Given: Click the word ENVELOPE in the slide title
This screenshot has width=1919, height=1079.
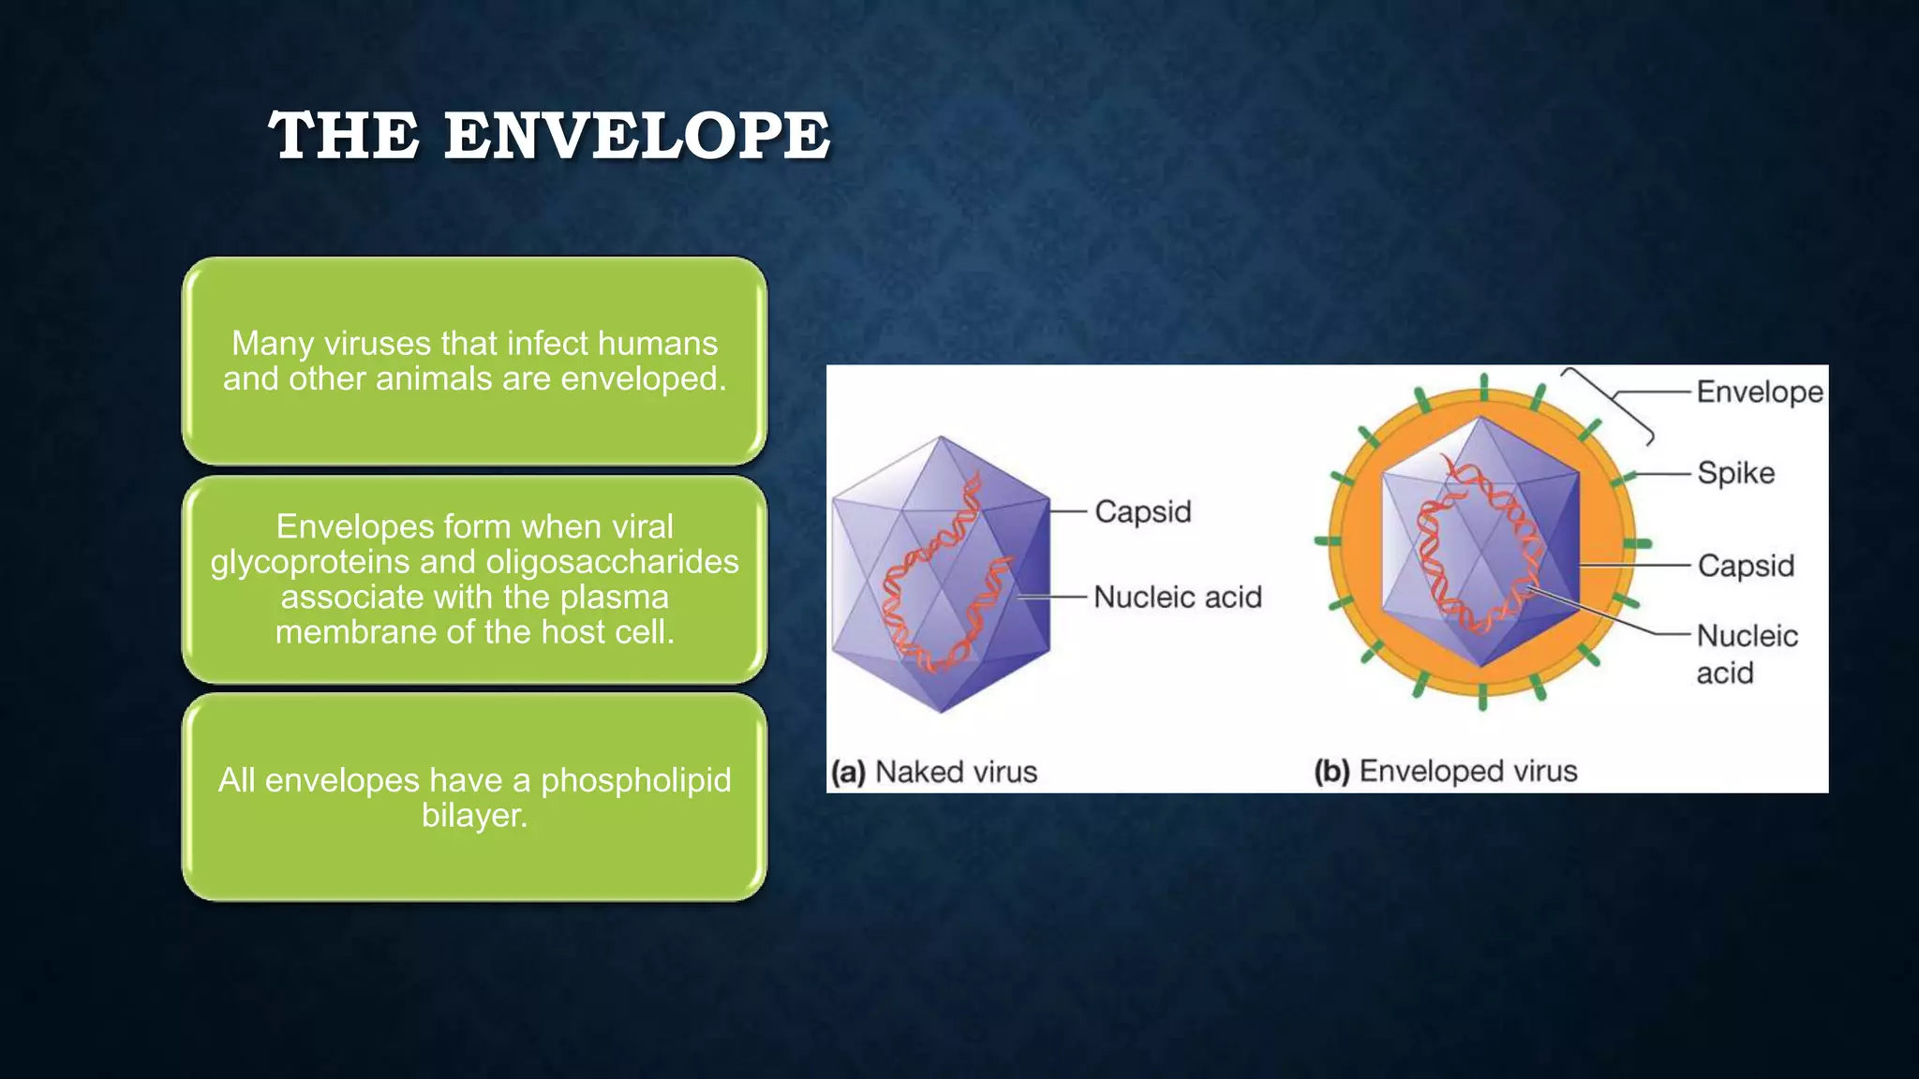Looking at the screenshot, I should pyautogui.click(x=636, y=136).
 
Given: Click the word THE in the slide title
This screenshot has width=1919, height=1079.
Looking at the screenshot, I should pyautogui.click(x=344, y=136).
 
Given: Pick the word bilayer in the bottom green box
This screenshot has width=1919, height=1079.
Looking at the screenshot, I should pyautogui.click(x=473, y=815).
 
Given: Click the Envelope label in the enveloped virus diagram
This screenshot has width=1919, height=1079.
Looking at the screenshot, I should pyautogui.click(x=1759, y=392).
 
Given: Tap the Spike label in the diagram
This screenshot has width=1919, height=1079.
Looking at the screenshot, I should pyautogui.click(x=1735, y=473).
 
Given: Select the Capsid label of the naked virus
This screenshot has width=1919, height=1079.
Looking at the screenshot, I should pyautogui.click(x=1142, y=511).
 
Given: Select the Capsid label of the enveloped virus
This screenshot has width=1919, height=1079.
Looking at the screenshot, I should pyautogui.click(x=1746, y=566).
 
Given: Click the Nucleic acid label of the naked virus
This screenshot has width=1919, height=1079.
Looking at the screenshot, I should pyautogui.click(x=1177, y=597).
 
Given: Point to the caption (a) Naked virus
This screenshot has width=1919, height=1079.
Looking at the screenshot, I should pyautogui.click(x=934, y=772).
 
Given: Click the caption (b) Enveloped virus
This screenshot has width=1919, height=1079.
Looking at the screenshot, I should pyautogui.click(x=1445, y=771).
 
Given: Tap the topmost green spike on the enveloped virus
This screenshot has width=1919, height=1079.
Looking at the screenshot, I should pyautogui.click(x=1483, y=385).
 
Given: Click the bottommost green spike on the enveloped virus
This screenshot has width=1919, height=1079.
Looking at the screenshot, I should pyautogui.click(x=1482, y=698).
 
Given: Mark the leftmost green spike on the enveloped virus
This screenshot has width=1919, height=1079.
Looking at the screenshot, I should pyautogui.click(x=1328, y=540).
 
